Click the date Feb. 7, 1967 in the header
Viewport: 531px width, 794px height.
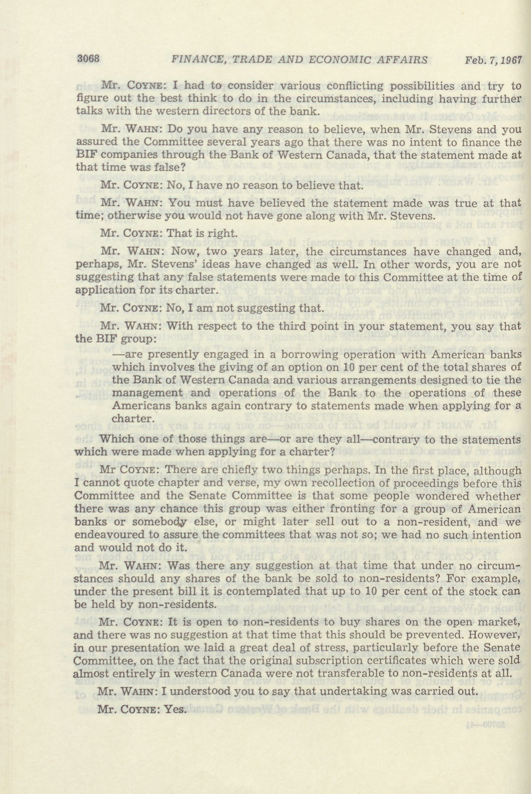coord(493,60)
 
